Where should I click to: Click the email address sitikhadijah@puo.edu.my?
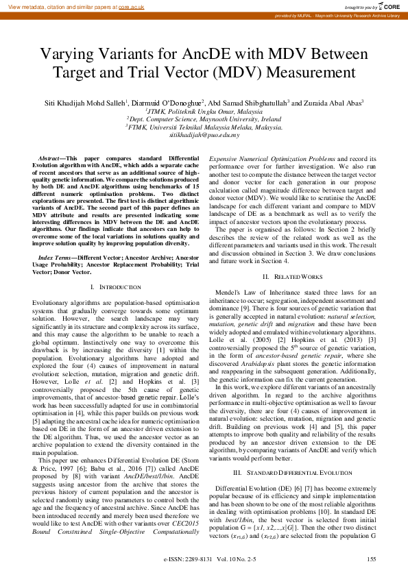point(204,136)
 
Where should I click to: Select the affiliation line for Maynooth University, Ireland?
point(204,119)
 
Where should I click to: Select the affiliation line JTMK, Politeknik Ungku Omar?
point(204,110)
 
